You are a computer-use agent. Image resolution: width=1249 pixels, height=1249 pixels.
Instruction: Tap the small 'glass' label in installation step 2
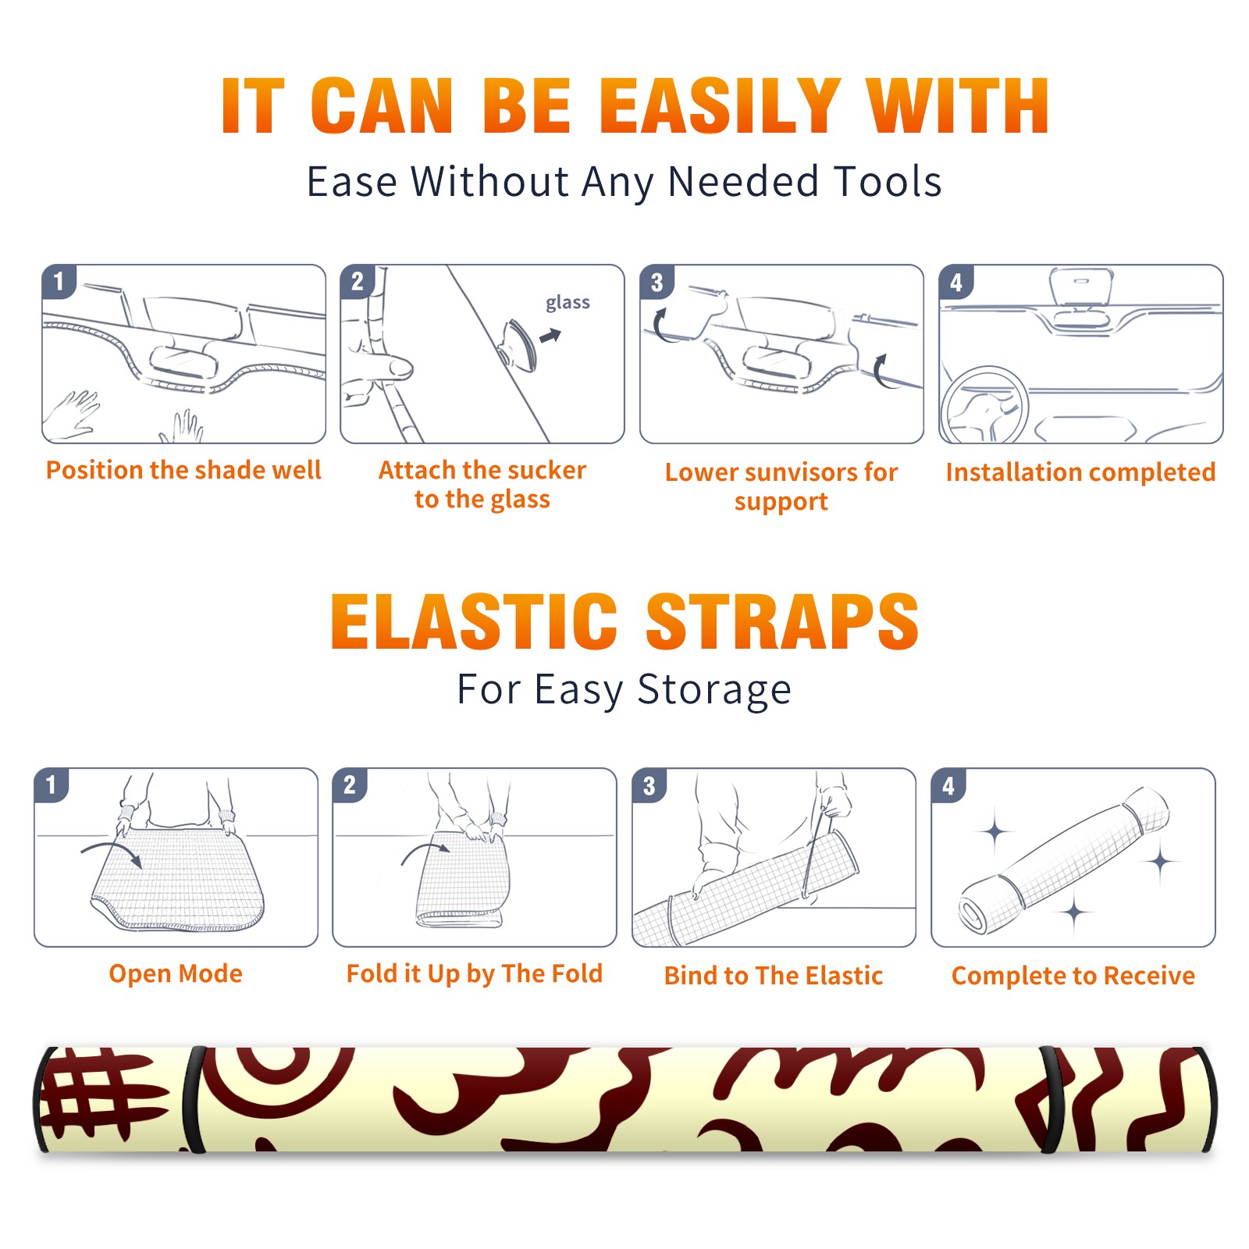[568, 302]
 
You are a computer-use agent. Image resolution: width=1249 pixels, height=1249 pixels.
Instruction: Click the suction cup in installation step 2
[518, 344]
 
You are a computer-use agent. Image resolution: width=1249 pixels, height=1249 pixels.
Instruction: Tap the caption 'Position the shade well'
[183, 470]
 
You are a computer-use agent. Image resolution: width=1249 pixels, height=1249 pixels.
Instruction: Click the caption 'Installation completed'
[1080, 471]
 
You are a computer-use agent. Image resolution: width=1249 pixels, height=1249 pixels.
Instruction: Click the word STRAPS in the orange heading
[782, 621]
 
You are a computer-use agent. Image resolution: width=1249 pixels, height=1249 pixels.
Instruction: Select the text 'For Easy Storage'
[624, 690]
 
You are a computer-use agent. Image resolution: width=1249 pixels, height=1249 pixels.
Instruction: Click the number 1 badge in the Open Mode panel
[52, 785]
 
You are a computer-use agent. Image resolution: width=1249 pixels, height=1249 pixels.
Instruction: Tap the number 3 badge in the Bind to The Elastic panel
[649, 785]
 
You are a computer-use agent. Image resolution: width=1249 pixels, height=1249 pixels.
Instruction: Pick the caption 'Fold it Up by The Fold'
[475, 973]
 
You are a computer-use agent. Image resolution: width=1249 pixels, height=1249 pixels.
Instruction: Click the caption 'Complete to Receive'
[1073, 975]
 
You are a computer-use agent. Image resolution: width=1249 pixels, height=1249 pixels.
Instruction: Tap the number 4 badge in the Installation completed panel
[956, 282]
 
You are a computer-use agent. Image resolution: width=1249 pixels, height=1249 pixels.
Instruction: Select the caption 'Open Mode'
[176, 973]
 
